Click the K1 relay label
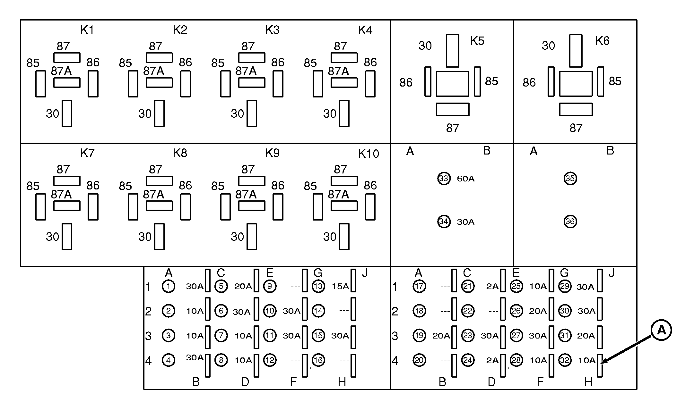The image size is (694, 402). pyautogui.click(x=87, y=30)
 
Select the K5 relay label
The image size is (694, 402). pyautogui.click(x=477, y=41)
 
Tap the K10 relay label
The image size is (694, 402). pyautogui.click(x=368, y=154)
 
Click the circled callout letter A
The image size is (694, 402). pyautogui.click(x=661, y=330)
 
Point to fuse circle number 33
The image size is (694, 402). pyautogui.click(x=444, y=178)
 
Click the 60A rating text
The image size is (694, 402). pyautogui.click(x=465, y=179)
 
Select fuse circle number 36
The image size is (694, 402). pyautogui.click(x=570, y=221)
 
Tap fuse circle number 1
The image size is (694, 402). pyautogui.click(x=169, y=286)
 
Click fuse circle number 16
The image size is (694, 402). pyautogui.click(x=318, y=360)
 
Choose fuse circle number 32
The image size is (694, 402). pyautogui.click(x=565, y=360)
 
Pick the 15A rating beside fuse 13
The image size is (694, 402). pyautogui.click(x=340, y=286)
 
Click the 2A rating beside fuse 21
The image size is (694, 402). pyautogui.click(x=492, y=286)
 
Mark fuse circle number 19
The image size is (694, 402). pyautogui.click(x=419, y=335)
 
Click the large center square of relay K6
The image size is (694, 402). pyautogui.click(x=576, y=84)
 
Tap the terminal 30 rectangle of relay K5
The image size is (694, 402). pyautogui.click(x=452, y=51)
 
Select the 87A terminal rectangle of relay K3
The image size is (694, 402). pyautogui.click(x=252, y=83)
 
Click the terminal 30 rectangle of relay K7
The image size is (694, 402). pyautogui.click(x=67, y=237)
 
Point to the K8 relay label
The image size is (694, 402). pyautogui.click(x=180, y=153)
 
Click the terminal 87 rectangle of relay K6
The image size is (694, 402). pyautogui.click(x=576, y=109)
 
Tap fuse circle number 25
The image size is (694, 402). pyautogui.click(x=516, y=286)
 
